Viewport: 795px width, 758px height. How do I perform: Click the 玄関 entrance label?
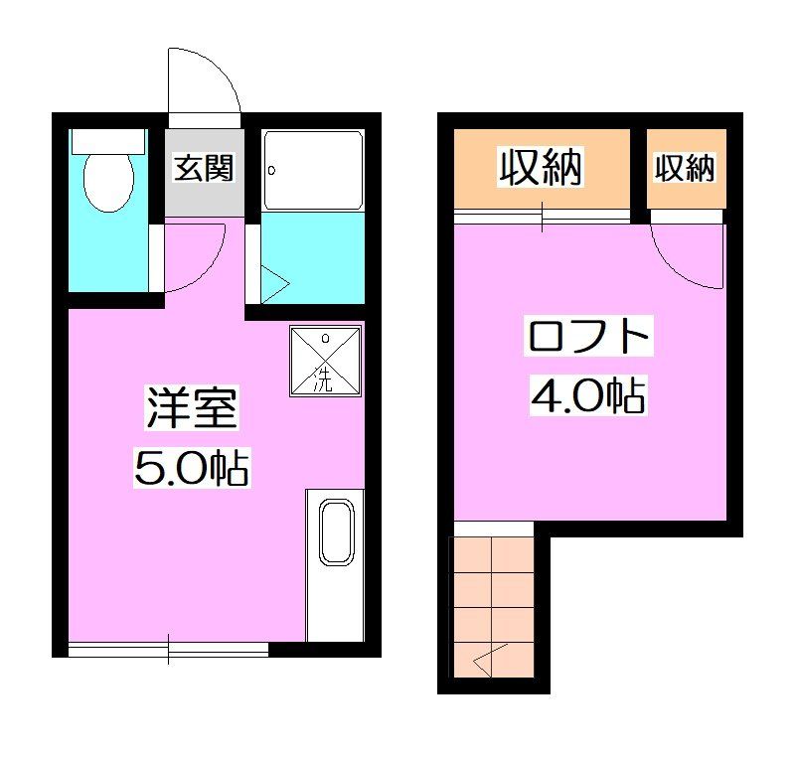point(204,168)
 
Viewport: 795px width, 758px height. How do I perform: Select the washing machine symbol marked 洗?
point(324,362)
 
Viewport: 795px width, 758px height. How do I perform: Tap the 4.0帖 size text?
point(588,395)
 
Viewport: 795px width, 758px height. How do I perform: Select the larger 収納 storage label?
point(540,168)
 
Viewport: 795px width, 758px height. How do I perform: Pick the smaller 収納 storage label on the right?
point(685,168)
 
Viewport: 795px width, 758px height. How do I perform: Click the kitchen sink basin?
point(336,535)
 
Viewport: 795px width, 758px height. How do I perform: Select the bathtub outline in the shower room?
point(313,170)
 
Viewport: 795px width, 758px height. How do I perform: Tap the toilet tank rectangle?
point(107,139)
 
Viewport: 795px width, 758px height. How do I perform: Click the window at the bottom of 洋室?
point(168,649)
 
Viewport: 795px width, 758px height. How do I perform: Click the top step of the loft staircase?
point(493,552)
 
